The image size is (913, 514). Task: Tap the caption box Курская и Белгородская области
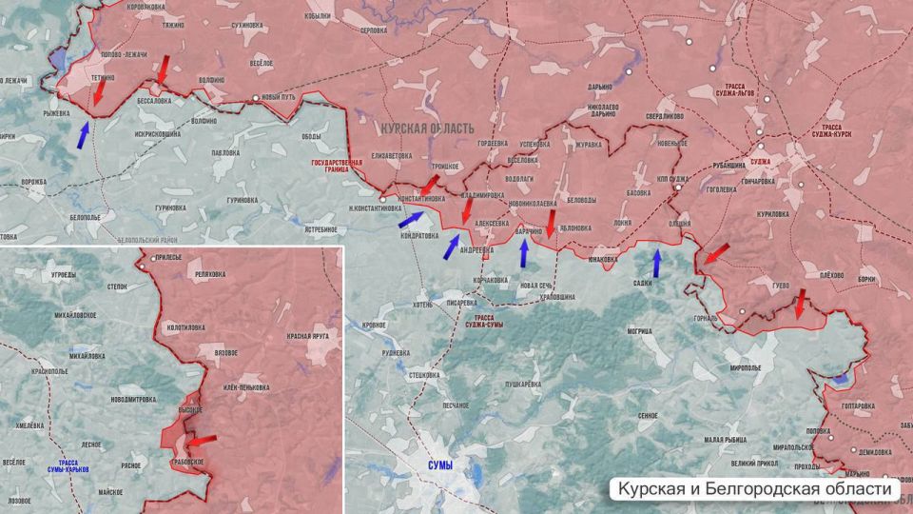757,488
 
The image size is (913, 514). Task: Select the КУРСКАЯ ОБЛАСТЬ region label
426,127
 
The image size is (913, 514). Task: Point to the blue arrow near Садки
656,262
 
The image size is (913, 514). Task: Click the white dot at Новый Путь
255,99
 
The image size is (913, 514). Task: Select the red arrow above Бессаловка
163,69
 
